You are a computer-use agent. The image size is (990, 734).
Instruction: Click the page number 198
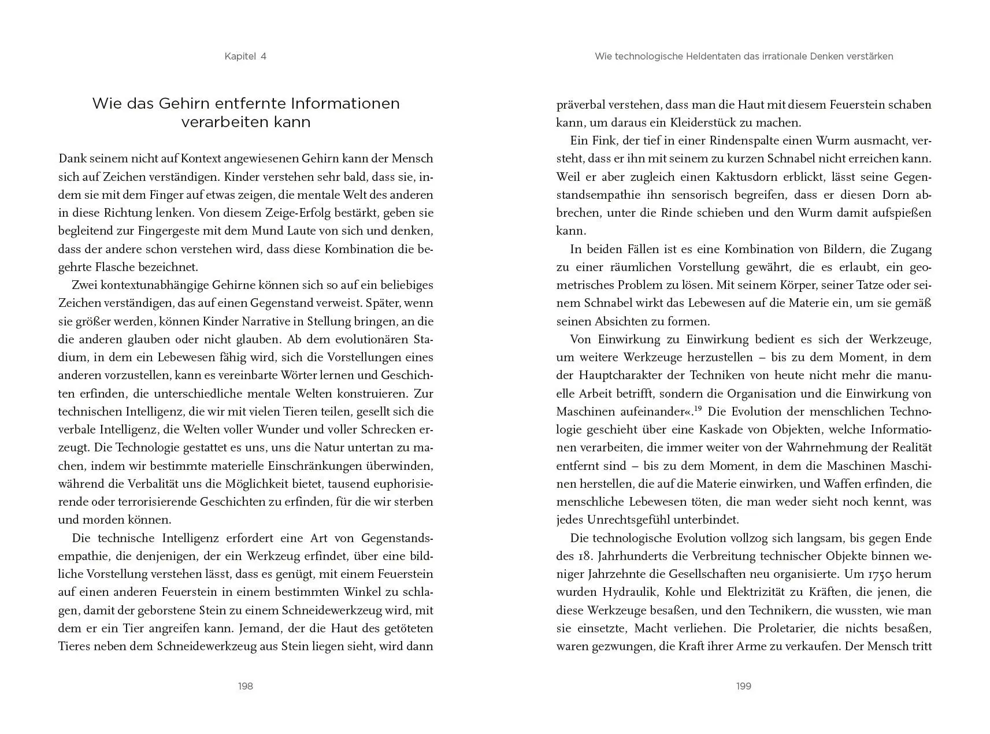[x=246, y=686]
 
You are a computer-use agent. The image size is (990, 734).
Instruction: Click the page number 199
[x=744, y=686]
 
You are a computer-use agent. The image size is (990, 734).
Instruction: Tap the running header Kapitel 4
[x=246, y=56]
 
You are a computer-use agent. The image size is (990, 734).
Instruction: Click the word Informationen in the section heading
[x=345, y=103]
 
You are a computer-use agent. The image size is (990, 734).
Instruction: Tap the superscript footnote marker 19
[x=698, y=409]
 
